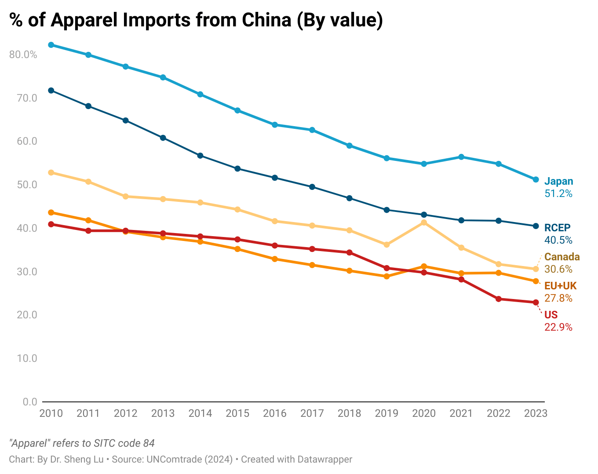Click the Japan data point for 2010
coord(51,45)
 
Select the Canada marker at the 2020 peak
coord(424,222)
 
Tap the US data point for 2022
coord(499,299)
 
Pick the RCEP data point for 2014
coord(200,156)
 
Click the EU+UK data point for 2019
coord(387,277)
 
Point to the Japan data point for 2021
coord(461,157)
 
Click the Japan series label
coord(558,181)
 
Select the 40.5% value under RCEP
coord(558,240)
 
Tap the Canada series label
coord(562,257)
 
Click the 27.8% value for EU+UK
coord(558,298)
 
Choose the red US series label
coord(551,315)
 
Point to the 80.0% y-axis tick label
coord(23,55)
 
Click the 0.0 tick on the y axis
coord(30,402)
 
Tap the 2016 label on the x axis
coord(274,413)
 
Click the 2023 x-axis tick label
coord(536,413)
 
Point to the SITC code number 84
coord(149,443)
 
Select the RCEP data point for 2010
coord(51,91)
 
